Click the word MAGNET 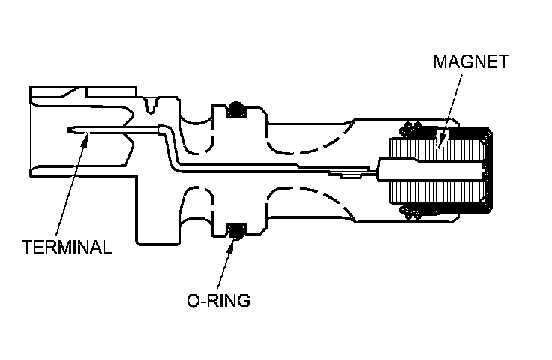pos(470,62)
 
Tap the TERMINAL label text pos(67,247)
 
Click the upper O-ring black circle pos(236,109)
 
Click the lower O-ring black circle pos(236,230)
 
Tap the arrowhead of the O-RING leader pos(235,238)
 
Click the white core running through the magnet pos(431,170)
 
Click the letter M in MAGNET pos(439,62)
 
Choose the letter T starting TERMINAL pos(26,247)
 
